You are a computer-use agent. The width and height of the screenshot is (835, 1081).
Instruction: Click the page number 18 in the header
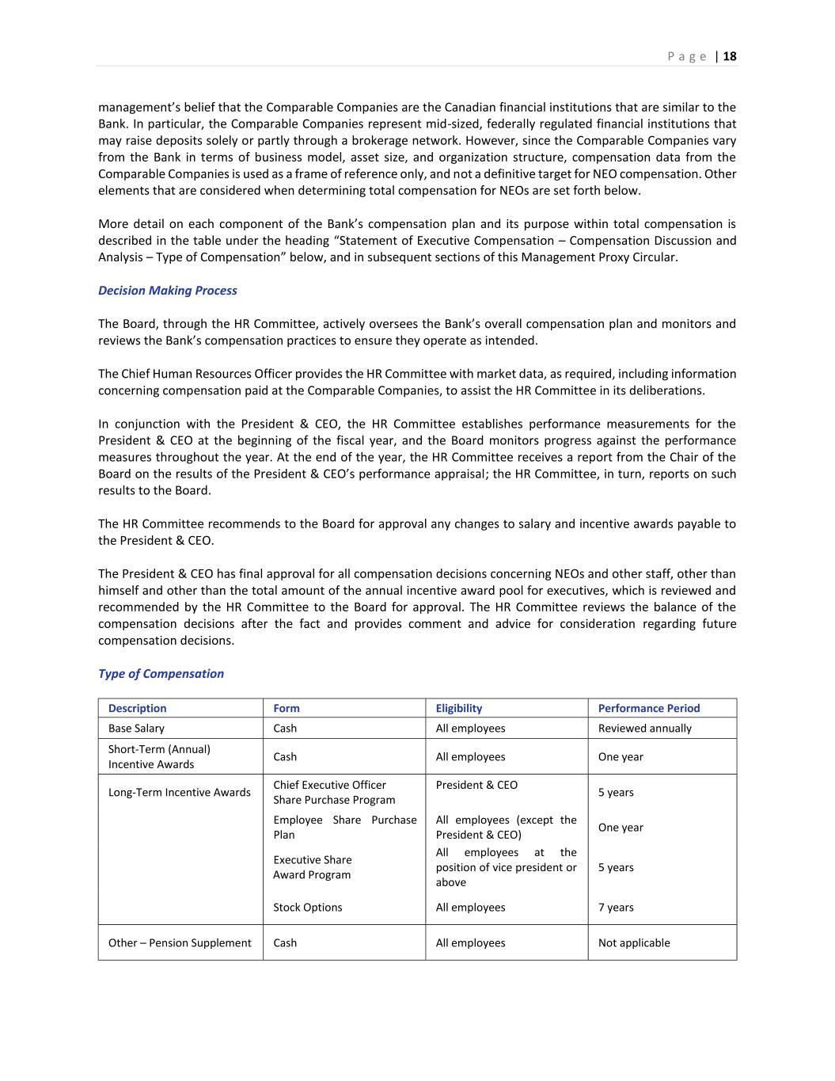730,56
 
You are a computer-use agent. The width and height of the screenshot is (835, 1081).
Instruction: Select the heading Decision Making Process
167,291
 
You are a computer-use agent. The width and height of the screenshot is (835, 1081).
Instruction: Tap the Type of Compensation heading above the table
161,674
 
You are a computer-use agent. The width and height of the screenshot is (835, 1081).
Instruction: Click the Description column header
137,709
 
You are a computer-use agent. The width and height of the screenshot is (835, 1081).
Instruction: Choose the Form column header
287,709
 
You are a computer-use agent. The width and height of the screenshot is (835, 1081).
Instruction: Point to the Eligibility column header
458,709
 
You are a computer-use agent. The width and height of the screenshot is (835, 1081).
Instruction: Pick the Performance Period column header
648,709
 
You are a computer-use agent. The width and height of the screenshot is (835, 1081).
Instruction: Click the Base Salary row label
136,729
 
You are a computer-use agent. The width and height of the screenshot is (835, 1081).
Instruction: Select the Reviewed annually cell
644,729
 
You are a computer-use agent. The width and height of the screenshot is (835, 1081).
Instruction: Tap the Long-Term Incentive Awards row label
179,793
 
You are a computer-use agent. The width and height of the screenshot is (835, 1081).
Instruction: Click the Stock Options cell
307,908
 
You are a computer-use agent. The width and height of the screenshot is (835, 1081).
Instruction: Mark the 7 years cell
616,908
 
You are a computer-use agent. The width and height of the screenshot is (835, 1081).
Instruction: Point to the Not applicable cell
633,943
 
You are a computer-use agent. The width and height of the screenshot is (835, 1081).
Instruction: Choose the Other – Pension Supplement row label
180,943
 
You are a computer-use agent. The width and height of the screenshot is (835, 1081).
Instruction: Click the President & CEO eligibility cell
476,786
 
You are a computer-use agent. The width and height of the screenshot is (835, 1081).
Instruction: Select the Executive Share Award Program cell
312,867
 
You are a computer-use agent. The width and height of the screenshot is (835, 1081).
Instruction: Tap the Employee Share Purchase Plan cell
344,828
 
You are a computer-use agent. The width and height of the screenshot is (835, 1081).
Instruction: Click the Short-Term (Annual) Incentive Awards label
159,757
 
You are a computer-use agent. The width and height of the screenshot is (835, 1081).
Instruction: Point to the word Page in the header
687,56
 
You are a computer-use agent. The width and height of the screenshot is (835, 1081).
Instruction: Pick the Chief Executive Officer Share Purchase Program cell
333,793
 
